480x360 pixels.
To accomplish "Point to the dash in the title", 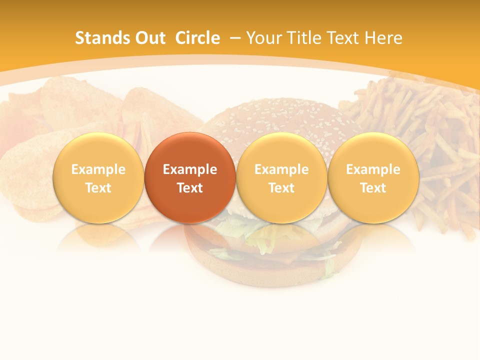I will tap(235, 38).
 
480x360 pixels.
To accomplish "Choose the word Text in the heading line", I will tap(344, 38).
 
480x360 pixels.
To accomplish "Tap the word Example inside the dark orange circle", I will tap(190, 169).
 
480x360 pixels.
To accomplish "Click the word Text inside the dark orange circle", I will tap(190, 188).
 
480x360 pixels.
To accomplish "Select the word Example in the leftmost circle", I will tap(98, 169).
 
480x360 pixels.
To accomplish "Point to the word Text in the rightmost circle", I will tap(373, 188).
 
